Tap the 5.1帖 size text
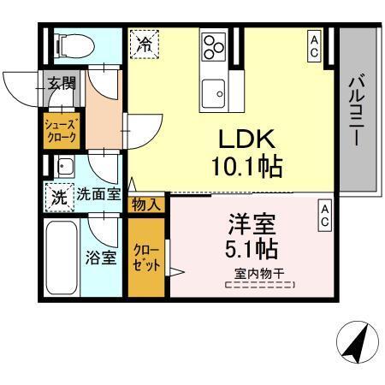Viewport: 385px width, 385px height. click(252, 252)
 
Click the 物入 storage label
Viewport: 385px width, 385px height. click(145, 204)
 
